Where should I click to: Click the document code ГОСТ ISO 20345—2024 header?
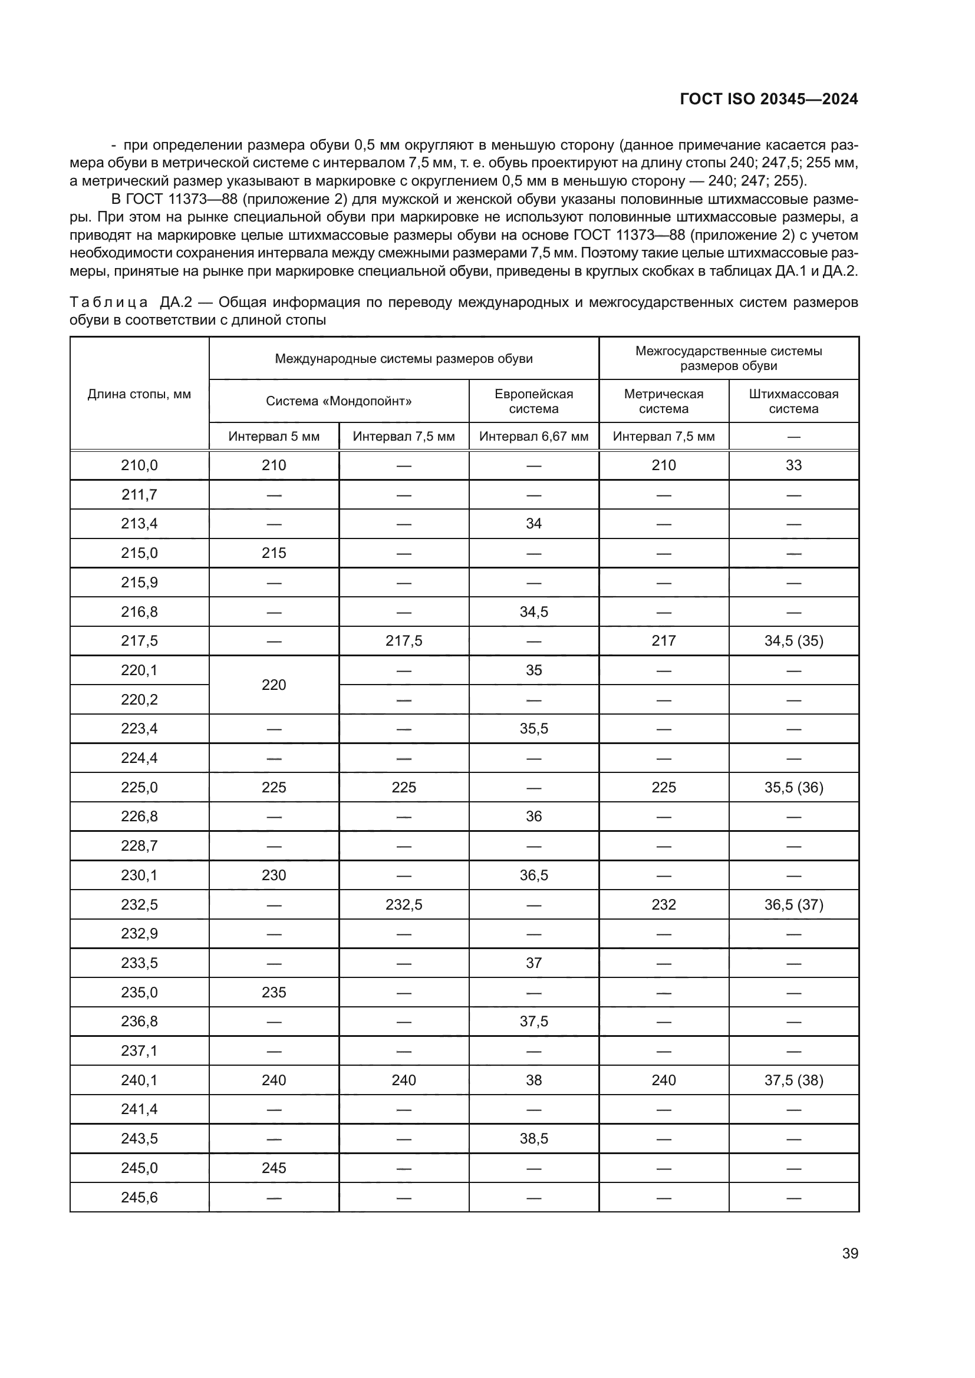click(x=769, y=99)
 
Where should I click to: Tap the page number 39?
click(x=849, y=1253)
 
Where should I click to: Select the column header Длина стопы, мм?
click(x=139, y=394)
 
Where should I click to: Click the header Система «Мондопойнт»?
click(x=338, y=401)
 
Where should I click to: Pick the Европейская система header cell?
click(x=533, y=401)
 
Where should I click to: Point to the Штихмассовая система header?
click(x=793, y=401)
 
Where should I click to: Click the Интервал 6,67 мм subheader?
click(x=533, y=437)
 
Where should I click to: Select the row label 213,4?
click(x=139, y=523)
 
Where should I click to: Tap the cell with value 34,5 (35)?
click(x=793, y=641)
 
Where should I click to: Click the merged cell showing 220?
click(x=274, y=685)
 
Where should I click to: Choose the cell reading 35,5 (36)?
click(x=793, y=788)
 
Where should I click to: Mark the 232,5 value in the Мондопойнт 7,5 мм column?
click(x=403, y=904)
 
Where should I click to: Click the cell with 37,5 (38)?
click(x=793, y=1080)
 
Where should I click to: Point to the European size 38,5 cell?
click(x=533, y=1139)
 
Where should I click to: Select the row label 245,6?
click(x=139, y=1197)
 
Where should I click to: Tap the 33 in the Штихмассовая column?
click(x=793, y=465)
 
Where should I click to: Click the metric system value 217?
click(x=663, y=641)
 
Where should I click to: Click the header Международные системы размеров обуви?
click(x=403, y=359)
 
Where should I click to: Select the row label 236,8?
click(x=139, y=1022)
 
